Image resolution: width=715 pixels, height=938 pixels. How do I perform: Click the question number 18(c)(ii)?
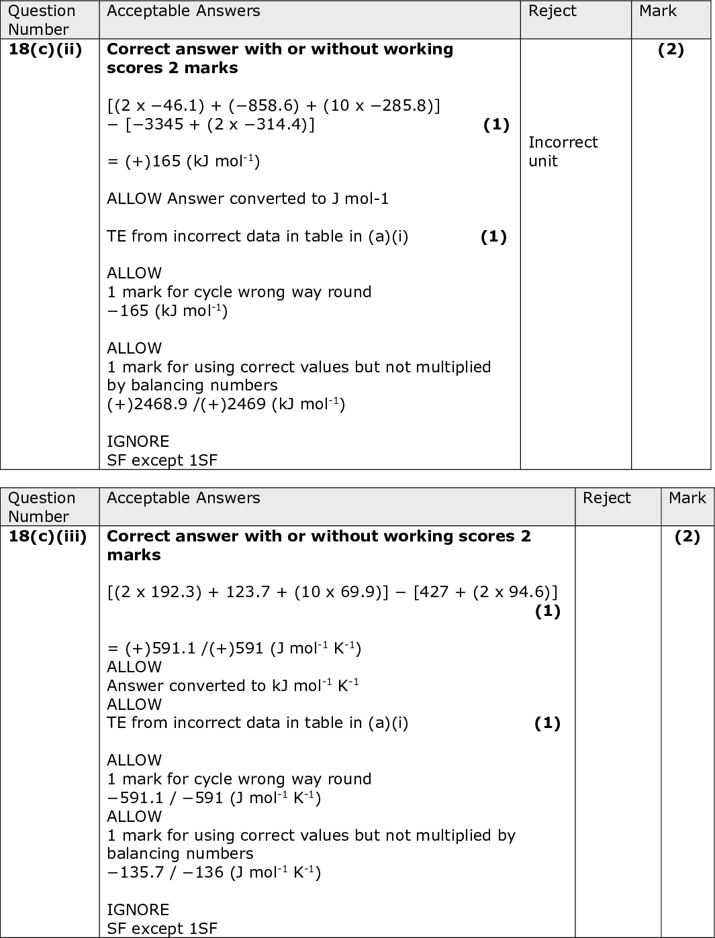pos(45,50)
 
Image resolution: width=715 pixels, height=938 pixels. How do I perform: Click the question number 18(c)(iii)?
pos(48,537)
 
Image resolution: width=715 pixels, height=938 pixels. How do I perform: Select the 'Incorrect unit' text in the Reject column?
pos(563,152)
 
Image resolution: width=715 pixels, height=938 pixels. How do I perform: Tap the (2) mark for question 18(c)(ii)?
pos(671,50)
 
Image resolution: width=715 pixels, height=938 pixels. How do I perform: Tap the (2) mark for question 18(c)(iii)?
pos(687,537)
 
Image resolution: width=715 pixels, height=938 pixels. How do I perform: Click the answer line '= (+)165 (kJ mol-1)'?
pos(183,161)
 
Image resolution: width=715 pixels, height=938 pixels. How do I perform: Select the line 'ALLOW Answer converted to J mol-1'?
pos(248,199)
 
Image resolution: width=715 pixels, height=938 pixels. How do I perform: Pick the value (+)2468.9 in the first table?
pos(147,405)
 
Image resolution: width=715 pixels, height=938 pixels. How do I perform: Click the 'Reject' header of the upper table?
pos(552,11)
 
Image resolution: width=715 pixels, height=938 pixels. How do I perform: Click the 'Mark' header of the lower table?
pos(687,499)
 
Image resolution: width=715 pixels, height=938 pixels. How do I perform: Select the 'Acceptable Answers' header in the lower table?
pos(183,499)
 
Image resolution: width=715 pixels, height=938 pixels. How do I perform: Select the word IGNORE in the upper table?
pos(138,441)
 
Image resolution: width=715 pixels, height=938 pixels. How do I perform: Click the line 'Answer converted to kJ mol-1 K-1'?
pos(232,686)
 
